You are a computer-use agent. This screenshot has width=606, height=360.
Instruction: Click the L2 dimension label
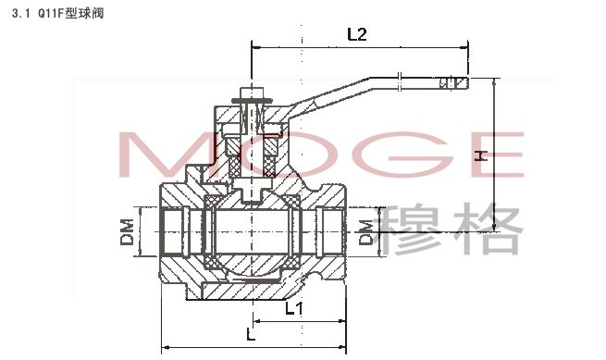pos(357,34)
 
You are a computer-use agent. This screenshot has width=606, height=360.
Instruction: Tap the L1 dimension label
pos(294,308)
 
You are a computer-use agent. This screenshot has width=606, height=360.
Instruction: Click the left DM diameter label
pos(127,232)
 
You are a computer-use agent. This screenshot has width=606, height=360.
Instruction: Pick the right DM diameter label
pos(365,232)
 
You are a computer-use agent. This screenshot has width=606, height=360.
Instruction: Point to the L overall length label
pos(252,334)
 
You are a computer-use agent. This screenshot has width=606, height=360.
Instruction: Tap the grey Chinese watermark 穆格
pos(451,230)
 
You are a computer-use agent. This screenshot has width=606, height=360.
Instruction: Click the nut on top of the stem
pos(252,93)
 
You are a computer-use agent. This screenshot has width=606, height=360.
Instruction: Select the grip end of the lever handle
pos(454,82)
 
